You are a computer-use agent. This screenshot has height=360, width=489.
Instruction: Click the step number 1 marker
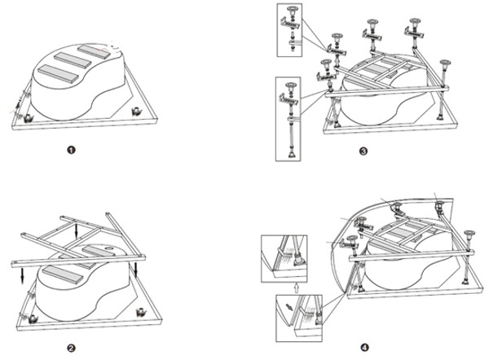click(x=72, y=150)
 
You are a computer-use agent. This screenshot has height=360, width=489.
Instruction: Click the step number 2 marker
click(x=72, y=348)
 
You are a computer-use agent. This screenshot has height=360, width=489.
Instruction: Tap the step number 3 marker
click(x=363, y=151)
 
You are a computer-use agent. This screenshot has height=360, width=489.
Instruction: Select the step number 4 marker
click(x=364, y=347)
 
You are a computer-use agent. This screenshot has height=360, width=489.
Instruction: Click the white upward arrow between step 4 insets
click(x=296, y=288)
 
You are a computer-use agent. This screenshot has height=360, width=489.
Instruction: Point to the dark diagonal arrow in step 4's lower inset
click(x=289, y=307)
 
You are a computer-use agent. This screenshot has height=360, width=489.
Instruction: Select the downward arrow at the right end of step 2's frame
click(x=136, y=270)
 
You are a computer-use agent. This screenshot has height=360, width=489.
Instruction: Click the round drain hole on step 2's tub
click(x=110, y=248)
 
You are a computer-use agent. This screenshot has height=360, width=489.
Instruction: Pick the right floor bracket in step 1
click(x=136, y=111)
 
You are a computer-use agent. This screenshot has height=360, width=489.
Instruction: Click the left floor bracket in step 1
click(x=29, y=117)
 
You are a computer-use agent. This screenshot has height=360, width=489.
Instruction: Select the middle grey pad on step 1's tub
click(x=73, y=59)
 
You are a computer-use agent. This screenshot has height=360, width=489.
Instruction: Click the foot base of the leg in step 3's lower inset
click(x=293, y=154)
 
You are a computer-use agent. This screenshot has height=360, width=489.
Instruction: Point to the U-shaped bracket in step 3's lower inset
click(x=289, y=99)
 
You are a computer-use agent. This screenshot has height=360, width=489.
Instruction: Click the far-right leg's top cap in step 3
click(x=443, y=63)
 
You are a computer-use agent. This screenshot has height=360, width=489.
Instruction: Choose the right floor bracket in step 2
click(x=141, y=312)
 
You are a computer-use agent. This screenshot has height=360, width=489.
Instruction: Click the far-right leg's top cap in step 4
click(x=469, y=233)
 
